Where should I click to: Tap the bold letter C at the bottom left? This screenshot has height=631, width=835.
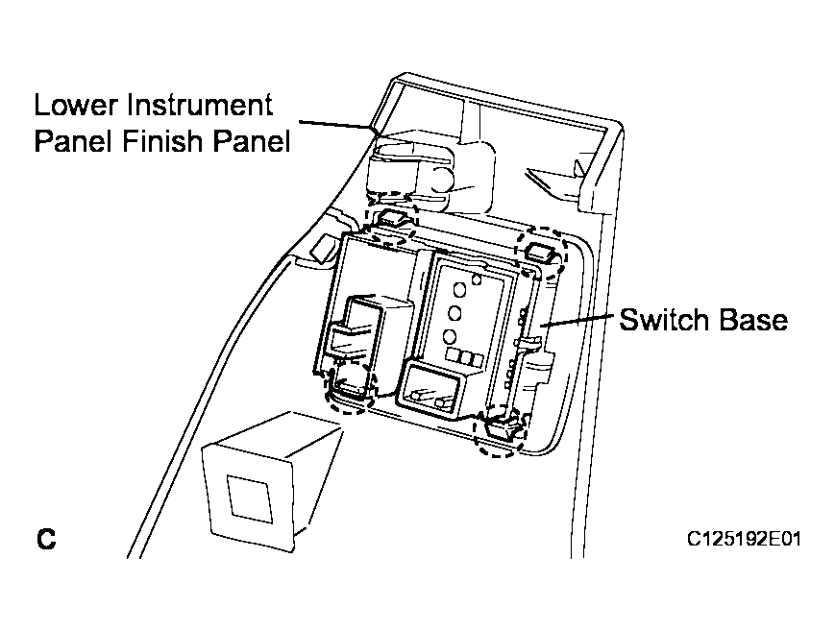46,539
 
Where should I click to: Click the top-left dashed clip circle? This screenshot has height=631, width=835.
390,223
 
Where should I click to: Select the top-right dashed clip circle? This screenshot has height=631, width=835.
543,252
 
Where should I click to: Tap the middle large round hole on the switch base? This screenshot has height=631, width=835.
454,312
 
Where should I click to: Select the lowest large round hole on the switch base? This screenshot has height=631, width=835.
450,336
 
